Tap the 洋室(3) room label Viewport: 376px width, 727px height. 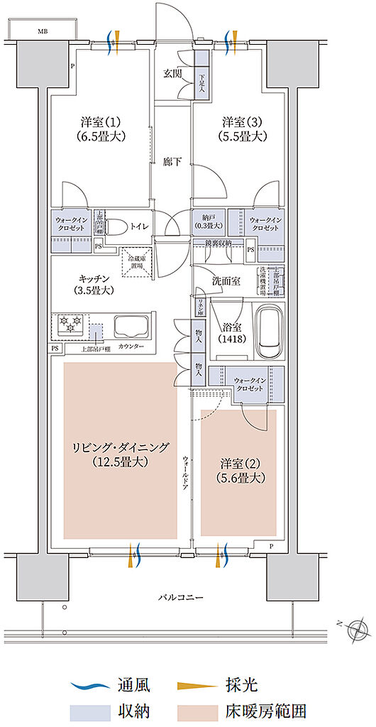pyautogui.click(x=243, y=129)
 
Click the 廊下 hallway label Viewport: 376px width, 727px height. pyautogui.click(x=172, y=162)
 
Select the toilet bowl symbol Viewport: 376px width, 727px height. pyautogui.click(x=118, y=228)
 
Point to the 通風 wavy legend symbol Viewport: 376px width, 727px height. pyautogui.click(x=87, y=686)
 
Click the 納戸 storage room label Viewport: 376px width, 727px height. pyautogui.click(x=208, y=221)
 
